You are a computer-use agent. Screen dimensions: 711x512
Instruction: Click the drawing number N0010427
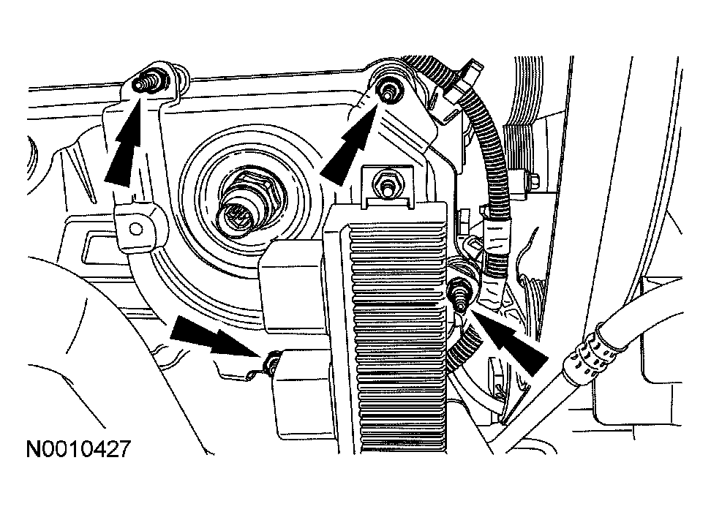(79, 449)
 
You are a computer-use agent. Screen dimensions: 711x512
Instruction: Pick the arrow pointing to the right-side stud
(510, 341)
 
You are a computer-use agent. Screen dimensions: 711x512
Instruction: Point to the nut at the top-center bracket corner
(387, 91)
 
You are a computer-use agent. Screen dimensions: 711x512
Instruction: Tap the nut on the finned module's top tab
(385, 183)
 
